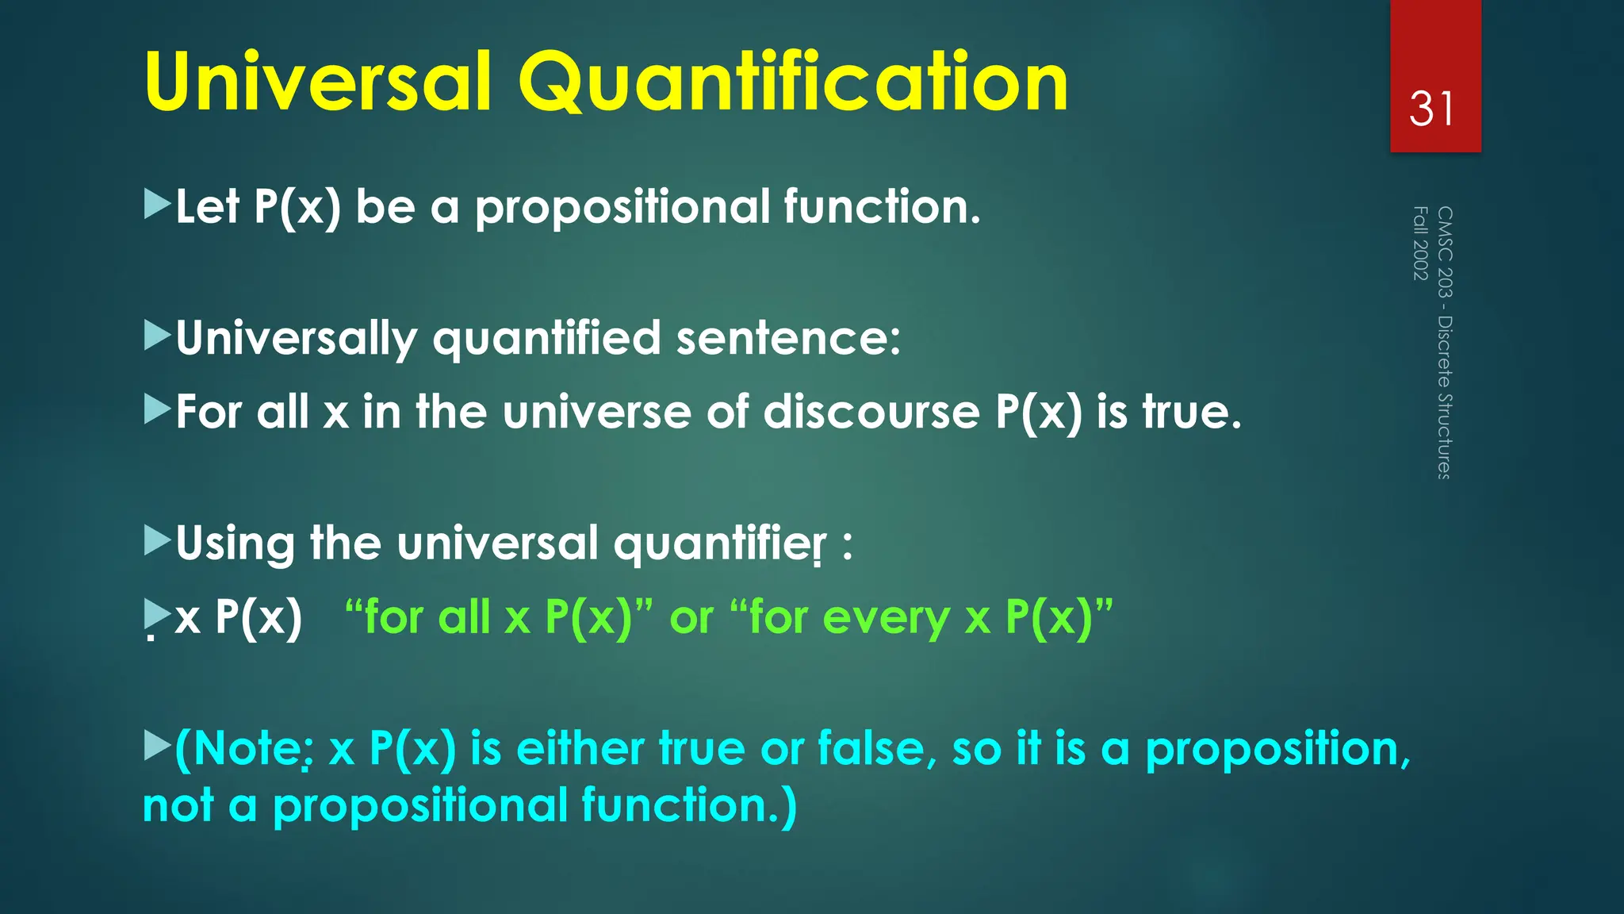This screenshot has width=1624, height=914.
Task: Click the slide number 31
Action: [1432, 109]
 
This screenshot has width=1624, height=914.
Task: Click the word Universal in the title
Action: [317, 83]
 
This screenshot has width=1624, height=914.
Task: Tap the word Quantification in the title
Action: [793, 83]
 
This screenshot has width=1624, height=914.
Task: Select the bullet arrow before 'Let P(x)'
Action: [157, 205]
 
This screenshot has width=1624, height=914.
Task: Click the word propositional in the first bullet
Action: [622, 208]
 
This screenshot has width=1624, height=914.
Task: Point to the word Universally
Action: [296, 339]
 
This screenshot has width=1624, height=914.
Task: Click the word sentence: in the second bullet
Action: [788, 339]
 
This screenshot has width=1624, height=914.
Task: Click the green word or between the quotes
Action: [691, 618]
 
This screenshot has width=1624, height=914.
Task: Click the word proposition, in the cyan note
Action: [1277, 750]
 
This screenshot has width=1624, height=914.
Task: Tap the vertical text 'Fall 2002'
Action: [1420, 243]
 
